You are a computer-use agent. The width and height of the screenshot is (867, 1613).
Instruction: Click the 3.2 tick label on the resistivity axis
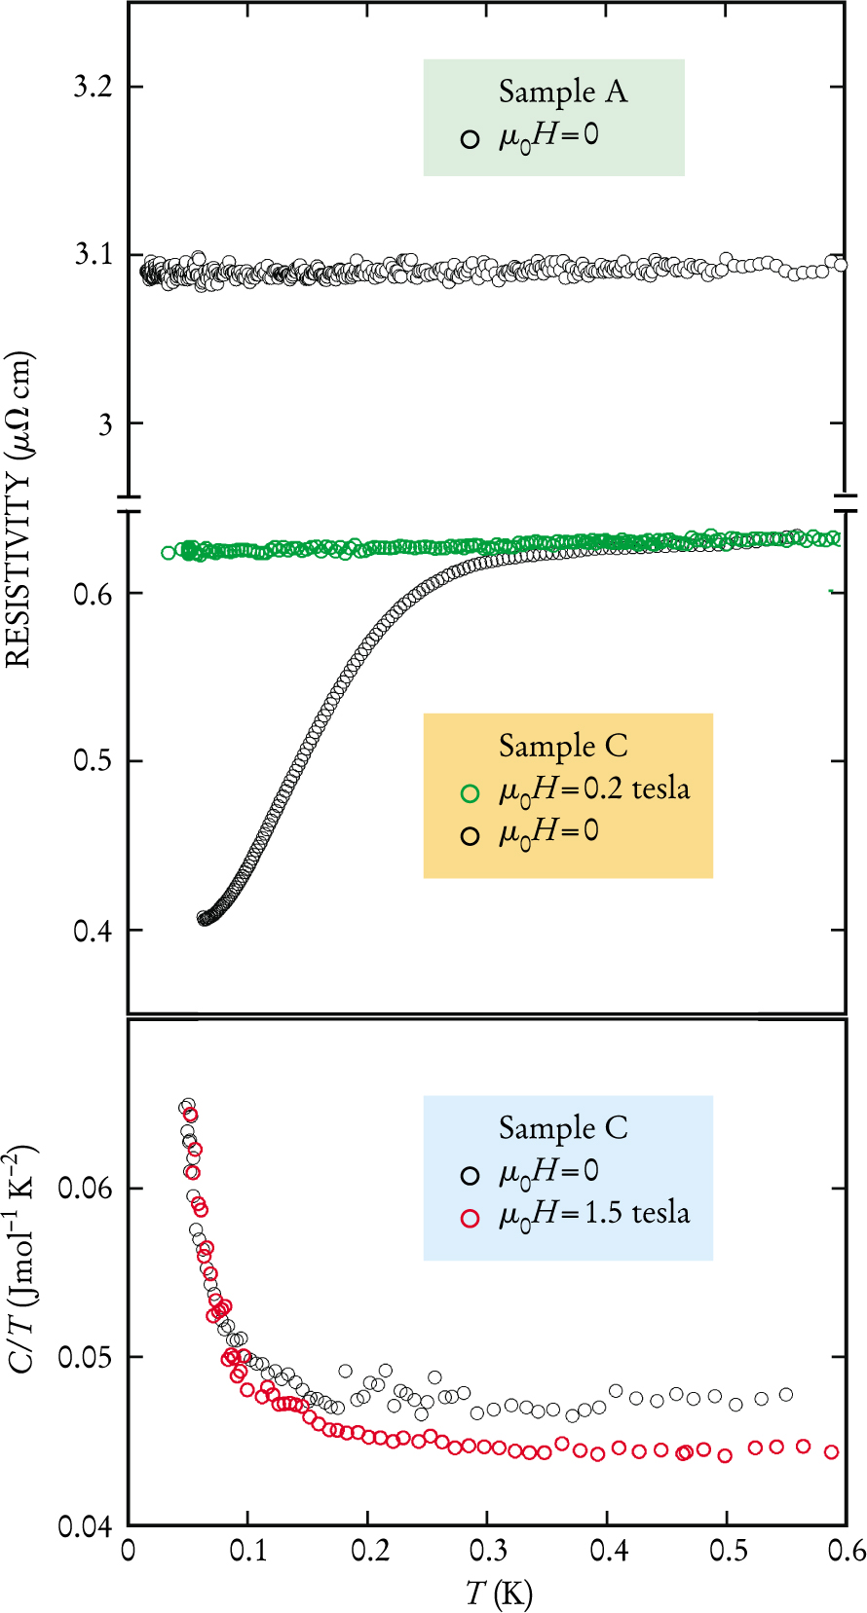point(94,87)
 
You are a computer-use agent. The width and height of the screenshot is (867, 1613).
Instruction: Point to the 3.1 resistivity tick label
point(94,255)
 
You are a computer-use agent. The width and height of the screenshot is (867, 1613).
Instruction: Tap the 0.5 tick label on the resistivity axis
point(94,760)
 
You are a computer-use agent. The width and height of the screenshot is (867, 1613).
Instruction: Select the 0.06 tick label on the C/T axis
point(86,1188)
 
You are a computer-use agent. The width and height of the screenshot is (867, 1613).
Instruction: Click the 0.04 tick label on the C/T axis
point(86,1526)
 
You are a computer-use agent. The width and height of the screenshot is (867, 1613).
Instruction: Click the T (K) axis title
point(499,1594)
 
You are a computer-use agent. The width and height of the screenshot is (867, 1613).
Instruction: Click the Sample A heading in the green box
point(563,92)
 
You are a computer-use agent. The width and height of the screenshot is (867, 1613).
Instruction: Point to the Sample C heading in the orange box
point(563,746)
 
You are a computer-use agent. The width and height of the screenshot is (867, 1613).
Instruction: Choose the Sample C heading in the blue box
point(563,1127)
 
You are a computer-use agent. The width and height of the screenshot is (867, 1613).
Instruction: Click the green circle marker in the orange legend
point(471,793)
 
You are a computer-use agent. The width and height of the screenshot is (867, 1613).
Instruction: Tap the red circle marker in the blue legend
point(471,1218)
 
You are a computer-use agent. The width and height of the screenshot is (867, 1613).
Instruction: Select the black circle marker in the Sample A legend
point(471,139)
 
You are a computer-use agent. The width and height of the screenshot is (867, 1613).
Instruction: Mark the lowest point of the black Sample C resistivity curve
point(204,918)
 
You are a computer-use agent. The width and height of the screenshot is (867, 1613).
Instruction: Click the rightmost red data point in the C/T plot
point(831,1451)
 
